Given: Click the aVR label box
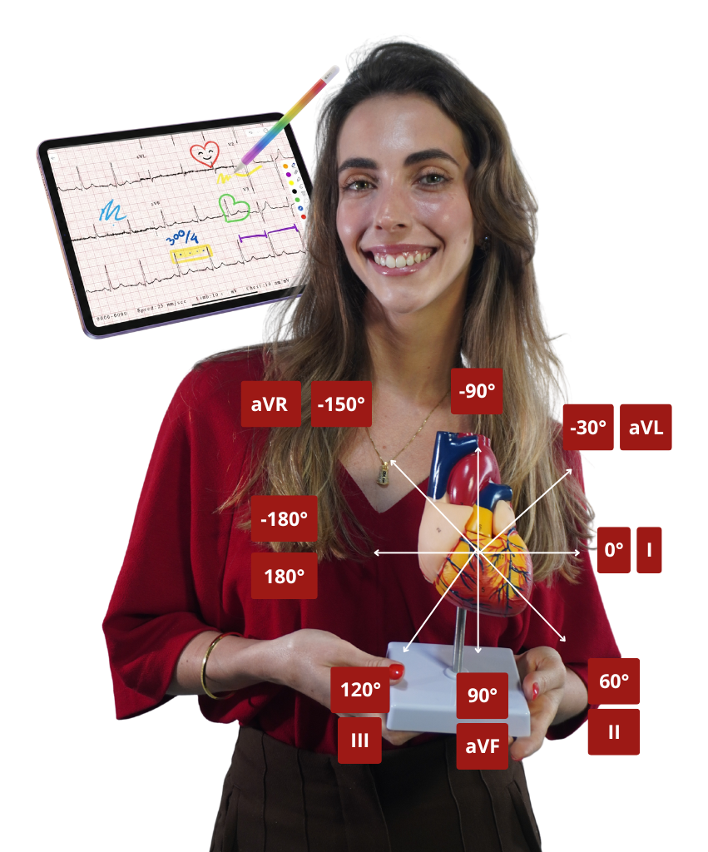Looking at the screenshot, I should pyautogui.click(x=270, y=404).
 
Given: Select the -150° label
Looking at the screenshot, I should pyautogui.click(x=341, y=404).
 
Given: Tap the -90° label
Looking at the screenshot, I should pyautogui.click(x=477, y=390).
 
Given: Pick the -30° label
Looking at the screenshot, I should pyautogui.click(x=587, y=428).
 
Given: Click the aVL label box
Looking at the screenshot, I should pyautogui.click(x=646, y=428).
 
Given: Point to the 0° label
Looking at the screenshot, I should pyautogui.click(x=613, y=550).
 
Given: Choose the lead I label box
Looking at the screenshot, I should pyautogui.click(x=649, y=550).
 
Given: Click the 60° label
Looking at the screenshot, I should pyautogui.click(x=614, y=681).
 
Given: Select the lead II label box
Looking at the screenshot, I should pyautogui.click(x=614, y=732).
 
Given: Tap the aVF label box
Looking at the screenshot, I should pyautogui.click(x=482, y=745).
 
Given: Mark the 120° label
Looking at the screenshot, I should pyautogui.click(x=360, y=690).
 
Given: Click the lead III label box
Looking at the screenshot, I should pyautogui.click(x=359, y=741).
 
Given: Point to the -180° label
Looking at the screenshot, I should pyautogui.click(x=284, y=518).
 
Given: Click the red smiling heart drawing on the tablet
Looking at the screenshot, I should pyautogui.click(x=205, y=153).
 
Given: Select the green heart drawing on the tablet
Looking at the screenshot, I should pyautogui.click(x=234, y=206).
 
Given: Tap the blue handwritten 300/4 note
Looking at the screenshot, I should pyautogui.click(x=184, y=236).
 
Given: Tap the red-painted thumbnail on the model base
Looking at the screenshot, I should pyautogui.click(x=397, y=671).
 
